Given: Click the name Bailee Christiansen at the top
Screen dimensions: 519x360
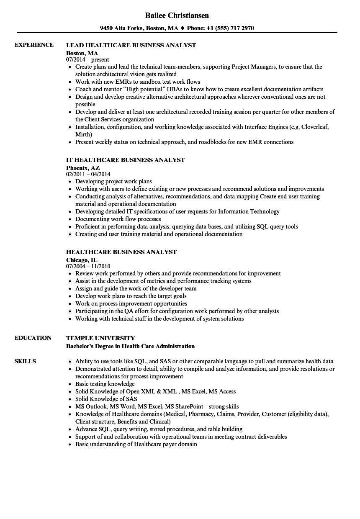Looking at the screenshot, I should pos(177,15).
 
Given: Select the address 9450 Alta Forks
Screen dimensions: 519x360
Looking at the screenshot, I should pos(122,28).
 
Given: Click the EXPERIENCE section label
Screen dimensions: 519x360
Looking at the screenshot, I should pos(34,45).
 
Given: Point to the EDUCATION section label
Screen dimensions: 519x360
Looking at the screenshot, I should pos(33,338).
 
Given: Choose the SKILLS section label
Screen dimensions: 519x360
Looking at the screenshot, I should pos(25,361).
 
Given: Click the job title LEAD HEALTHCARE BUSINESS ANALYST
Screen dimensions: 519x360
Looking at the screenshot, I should pos(131,45).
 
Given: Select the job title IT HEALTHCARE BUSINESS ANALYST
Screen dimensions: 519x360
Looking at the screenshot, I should pos(126,160).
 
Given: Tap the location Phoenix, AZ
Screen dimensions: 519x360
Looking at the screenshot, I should pos(83,167).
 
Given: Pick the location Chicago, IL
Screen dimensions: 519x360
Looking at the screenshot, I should pos(82,259).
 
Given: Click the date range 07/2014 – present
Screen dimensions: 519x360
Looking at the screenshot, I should pos(87,59).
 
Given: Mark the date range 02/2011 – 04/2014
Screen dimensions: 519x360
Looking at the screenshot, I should pos(88,174).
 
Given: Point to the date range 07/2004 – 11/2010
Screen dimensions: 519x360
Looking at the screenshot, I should pos(88,266).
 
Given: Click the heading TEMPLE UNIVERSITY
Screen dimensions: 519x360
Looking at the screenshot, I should pos(100,338).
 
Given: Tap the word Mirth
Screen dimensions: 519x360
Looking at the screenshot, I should pos(83,134).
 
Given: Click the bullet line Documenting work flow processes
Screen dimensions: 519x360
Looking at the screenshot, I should pos(118,219).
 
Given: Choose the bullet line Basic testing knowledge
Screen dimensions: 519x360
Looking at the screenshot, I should pos(105,384).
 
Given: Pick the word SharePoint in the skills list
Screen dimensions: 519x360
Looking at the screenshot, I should pos(190,406).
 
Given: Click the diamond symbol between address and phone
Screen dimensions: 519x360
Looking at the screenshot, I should pos(182,28).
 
